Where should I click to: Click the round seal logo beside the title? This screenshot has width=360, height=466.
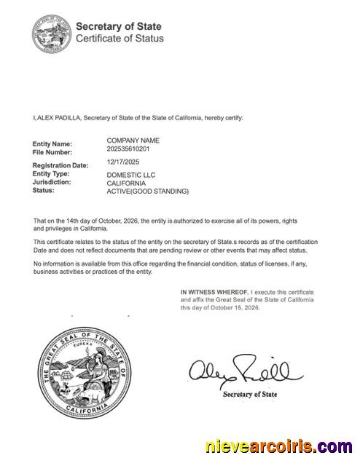[51, 33]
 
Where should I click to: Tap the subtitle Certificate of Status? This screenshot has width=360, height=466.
[120, 39]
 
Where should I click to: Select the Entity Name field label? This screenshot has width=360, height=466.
[52, 144]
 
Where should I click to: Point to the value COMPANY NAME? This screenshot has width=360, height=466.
[133, 140]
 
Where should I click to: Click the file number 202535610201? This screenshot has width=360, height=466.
[128, 149]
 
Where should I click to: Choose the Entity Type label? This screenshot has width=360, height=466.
[51, 174]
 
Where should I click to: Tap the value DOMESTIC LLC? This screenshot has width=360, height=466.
[131, 175]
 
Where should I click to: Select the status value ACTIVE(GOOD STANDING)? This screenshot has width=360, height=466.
[148, 191]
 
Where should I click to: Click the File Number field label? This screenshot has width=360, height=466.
[52, 153]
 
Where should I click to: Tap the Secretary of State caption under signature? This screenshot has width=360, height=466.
[250, 395]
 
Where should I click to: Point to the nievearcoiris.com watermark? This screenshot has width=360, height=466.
[279, 446]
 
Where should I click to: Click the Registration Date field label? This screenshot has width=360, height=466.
[60, 165]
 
